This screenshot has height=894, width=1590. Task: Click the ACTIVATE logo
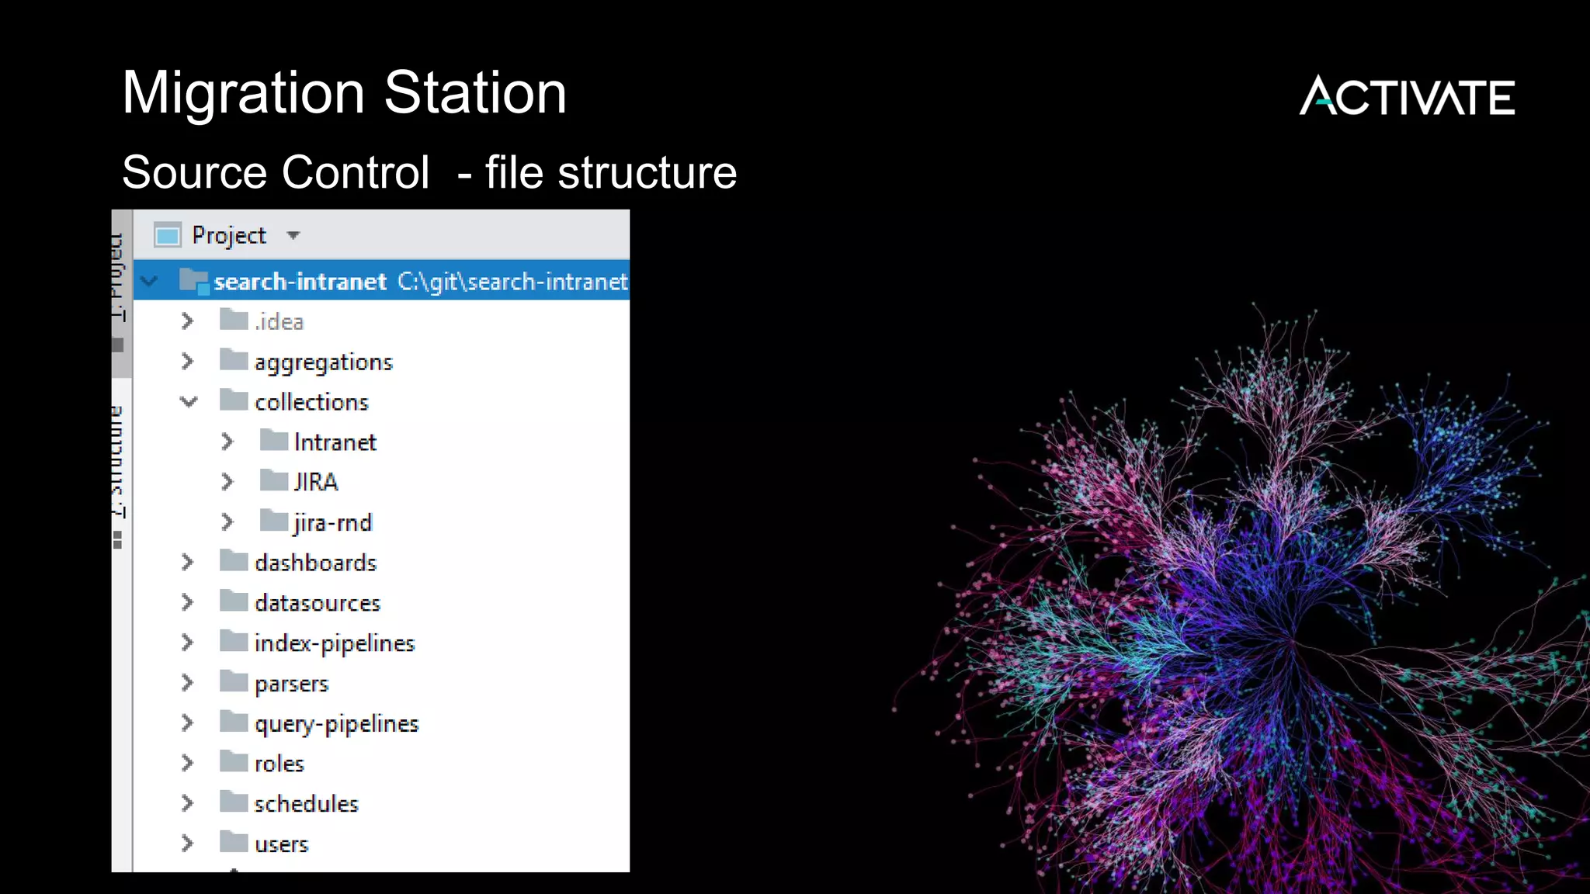coord(1407,96)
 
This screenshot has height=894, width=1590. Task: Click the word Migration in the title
coord(243,93)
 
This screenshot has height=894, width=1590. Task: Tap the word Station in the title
coord(475,93)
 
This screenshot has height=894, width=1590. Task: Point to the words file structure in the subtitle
coord(610,172)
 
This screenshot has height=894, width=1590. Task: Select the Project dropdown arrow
coord(293,235)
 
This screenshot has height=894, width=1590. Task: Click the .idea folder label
coord(279,321)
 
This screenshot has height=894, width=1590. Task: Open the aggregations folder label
coord(324,362)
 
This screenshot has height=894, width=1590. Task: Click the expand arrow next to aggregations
coord(187,361)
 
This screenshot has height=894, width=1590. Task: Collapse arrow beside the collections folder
coord(189,401)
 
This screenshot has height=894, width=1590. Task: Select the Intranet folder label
coord(335,442)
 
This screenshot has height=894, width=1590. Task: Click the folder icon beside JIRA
coord(273,481)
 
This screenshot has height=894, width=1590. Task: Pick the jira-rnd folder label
coord(333,523)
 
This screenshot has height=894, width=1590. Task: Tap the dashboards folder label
coord(315,563)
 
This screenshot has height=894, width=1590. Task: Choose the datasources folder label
coord(318,603)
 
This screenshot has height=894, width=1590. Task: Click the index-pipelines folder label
coord(335,643)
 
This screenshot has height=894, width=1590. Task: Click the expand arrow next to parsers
coord(187,682)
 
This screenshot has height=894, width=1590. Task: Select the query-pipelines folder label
coord(336,724)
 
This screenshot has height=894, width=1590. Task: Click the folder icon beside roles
coord(233,762)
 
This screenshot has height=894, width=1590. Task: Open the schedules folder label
coord(306,804)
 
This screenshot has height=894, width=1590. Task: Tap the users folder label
coord(281,844)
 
